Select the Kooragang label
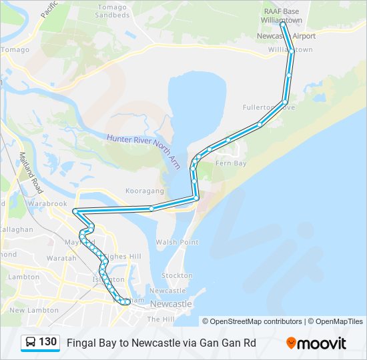141,191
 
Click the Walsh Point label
177,242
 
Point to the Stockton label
177,275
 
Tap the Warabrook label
47,203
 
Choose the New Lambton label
26,310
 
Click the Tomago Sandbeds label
111,10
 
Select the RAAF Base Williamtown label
282,16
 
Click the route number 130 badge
47,342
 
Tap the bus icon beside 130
31,343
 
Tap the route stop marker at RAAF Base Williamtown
282,24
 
